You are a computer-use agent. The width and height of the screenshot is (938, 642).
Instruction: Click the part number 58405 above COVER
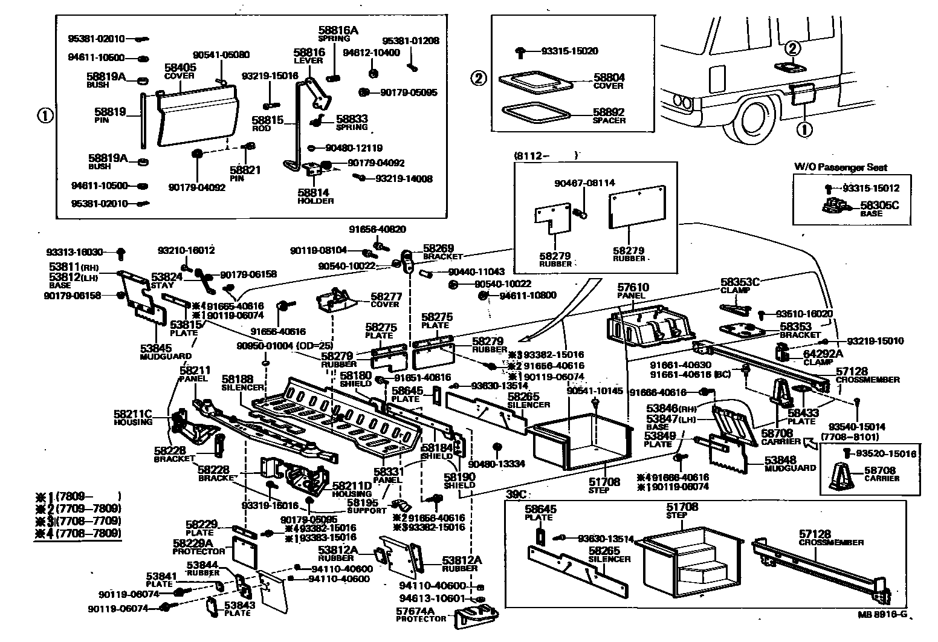pyautogui.click(x=180, y=67)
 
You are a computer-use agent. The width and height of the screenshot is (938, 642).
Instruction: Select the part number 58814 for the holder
pyautogui.click(x=313, y=193)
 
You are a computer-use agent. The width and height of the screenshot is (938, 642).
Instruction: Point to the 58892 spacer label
pyautogui.click(x=609, y=112)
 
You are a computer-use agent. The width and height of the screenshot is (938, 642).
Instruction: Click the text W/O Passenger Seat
pyautogui.click(x=841, y=167)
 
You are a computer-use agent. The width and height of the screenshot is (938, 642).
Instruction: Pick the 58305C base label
pyautogui.click(x=879, y=206)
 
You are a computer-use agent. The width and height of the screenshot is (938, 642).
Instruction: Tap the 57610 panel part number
pyautogui.click(x=633, y=287)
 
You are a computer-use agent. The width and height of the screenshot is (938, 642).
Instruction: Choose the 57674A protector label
pyautogui.click(x=416, y=611)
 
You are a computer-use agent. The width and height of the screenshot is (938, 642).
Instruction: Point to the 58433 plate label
pyautogui.click(x=803, y=412)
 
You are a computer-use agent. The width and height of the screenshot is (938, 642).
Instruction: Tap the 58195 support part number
pyautogui.click(x=363, y=502)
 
